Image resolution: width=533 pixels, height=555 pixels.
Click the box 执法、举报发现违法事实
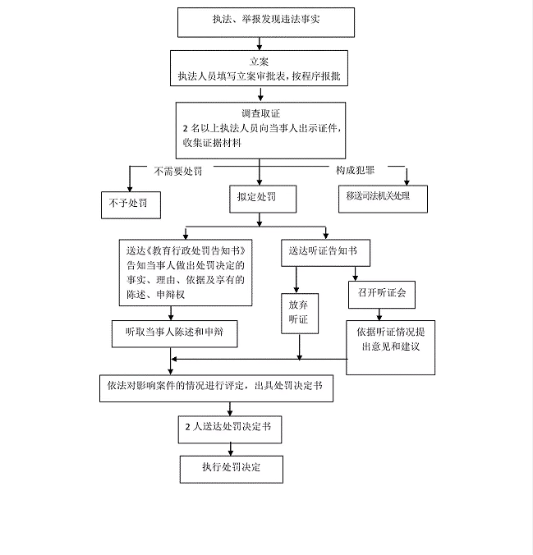[x=266, y=22]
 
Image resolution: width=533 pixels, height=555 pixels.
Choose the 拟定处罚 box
[x=260, y=198]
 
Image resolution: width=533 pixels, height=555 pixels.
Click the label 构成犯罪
[x=356, y=171]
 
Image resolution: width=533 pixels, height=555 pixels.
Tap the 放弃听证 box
[x=298, y=312]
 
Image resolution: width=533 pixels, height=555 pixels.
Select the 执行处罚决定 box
[x=232, y=468]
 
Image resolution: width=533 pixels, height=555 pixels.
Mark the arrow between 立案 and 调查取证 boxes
[x=260, y=94]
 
